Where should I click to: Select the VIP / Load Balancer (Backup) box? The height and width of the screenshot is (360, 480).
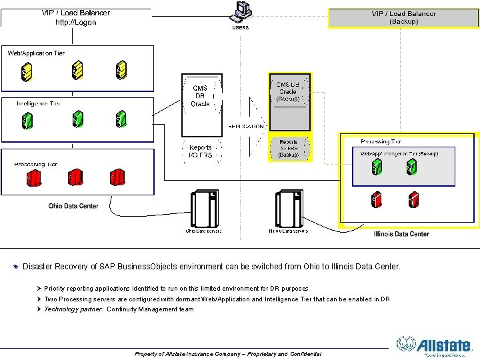[x=403, y=17]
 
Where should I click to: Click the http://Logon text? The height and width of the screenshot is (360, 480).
[x=75, y=22]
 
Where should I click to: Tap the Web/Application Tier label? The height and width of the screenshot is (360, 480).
[x=36, y=53]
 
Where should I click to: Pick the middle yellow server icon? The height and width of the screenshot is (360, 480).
[x=78, y=69]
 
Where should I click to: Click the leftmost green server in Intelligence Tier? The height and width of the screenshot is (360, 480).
[x=27, y=120]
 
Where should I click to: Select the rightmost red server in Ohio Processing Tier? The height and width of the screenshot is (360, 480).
[x=118, y=177]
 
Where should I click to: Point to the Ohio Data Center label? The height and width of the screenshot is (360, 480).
[x=73, y=206]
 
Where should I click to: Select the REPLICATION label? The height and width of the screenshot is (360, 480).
[x=247, y=125]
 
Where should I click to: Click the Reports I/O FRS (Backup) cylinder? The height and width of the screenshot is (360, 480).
[x=289, y=148]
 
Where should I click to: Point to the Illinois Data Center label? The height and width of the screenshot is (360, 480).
[x=401, y=234]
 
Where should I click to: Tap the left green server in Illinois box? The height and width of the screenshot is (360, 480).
[x=377, y=166]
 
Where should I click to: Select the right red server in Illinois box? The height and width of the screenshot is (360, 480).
[x=413, y=199]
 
